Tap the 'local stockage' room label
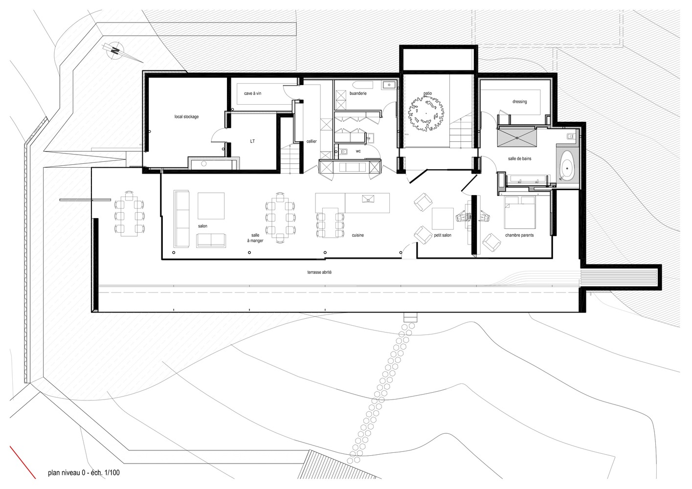187,117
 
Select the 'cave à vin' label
253,93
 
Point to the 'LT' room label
252,141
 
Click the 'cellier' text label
312,141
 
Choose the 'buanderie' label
358,93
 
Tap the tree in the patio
426,113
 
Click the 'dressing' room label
520,102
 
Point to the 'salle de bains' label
520,158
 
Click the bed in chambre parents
520,212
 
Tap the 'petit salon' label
443,235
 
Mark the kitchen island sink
368,199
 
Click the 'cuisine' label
358,235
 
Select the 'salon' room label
202,226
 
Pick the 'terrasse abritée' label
319,272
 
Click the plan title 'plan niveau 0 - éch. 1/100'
84,473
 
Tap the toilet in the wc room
343,152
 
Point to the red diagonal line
22,462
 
